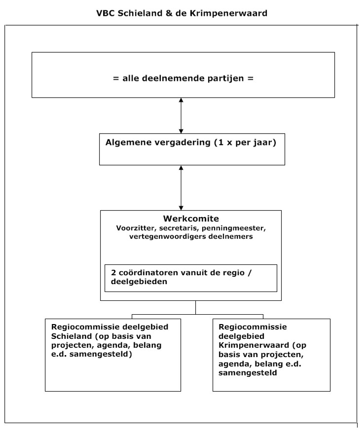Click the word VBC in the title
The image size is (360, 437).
coord(106,13)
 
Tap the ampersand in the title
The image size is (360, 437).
coord(169,13)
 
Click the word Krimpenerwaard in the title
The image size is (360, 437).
coord(229,13)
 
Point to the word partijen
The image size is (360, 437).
coord(226,79)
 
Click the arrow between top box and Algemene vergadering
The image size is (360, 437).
coord(181,115)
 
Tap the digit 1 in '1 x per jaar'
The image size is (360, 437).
coord(220,143)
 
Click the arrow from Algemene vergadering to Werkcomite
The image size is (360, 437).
coord(181,188)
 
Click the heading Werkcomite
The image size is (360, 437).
coord(191,218)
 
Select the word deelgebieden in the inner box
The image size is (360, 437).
coord(139,282)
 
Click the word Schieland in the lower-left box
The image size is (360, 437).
coord(72,336)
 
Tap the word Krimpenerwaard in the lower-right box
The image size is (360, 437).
coord(254,346)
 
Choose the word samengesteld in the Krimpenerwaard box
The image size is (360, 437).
coord(248,373)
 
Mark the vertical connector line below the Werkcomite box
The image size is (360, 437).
coord(196,307)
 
